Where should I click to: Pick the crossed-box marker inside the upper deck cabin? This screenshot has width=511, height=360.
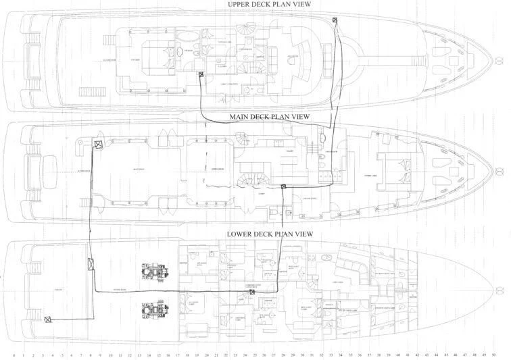click(x=200, y=76)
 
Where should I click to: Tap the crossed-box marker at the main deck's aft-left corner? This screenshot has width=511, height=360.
click(x=97, y=145)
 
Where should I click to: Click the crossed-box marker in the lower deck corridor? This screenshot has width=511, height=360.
click(x=242, y=293)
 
